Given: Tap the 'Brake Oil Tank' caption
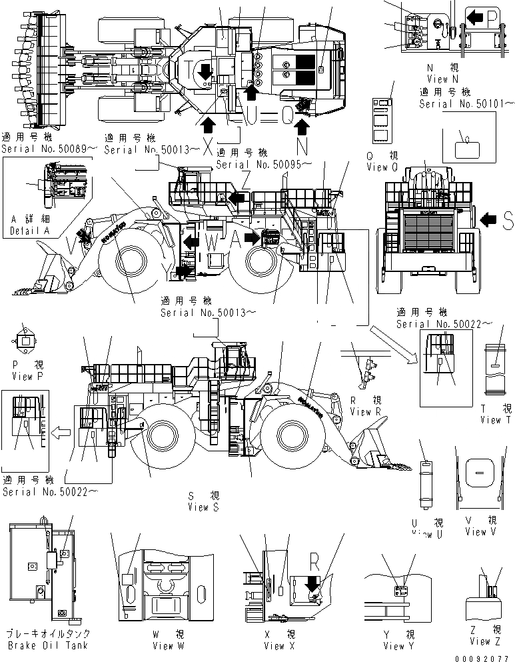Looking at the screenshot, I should (46, 645).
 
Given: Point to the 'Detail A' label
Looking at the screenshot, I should (25, 231).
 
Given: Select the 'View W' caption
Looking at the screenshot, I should (153, 645).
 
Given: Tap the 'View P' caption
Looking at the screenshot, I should (27, 376).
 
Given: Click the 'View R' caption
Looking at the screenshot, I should (366, 411).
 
